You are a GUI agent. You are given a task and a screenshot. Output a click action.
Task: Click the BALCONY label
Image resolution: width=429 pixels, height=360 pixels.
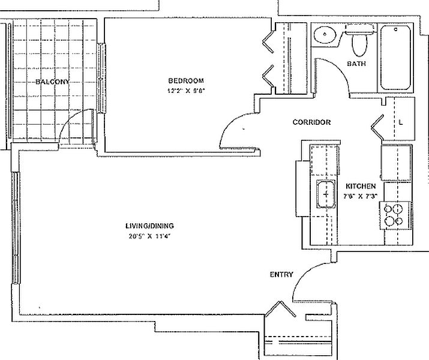(x=52, y=82)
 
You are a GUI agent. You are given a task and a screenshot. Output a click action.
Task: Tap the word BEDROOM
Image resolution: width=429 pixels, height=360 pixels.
(x=186, y=80)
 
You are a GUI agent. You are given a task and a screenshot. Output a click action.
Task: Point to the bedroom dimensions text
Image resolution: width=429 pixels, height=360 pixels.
(x=186, y=91)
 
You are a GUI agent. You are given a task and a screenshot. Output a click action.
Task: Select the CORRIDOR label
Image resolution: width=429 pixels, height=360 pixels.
(x=311, y=122)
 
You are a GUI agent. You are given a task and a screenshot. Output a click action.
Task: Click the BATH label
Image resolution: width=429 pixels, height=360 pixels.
(x=356, y=64)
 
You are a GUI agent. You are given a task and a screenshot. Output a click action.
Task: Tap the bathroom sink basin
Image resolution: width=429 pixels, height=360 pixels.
(x=325, y=35)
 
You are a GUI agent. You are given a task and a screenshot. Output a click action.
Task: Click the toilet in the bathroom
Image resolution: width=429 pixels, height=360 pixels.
(x=359, y=40)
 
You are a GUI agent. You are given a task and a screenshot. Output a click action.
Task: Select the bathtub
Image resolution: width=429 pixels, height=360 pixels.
(x=395, y=58)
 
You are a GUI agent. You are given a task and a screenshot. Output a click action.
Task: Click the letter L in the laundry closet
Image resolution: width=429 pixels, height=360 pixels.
(x=401, y=122)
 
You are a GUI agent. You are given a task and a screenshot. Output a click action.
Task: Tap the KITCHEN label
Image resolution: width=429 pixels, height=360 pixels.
(x=361, y=186)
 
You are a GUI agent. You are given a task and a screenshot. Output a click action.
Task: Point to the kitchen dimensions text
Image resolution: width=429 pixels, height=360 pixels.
(x=361, y=196)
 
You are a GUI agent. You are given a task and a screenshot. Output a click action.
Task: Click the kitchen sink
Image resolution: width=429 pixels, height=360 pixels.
(x=326, y=194)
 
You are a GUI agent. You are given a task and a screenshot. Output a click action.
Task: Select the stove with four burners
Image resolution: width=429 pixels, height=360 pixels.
(x=395, y=215)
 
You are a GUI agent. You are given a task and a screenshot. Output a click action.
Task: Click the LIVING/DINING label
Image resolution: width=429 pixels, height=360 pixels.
(x=149, y=226)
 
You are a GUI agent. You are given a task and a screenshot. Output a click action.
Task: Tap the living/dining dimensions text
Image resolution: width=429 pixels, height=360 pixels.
(x=149, y=236)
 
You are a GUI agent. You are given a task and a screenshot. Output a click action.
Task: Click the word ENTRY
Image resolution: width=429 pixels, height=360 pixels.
(x=281, y=275)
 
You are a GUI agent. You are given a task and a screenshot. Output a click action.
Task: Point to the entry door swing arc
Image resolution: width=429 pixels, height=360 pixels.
(x=304, y=274)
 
